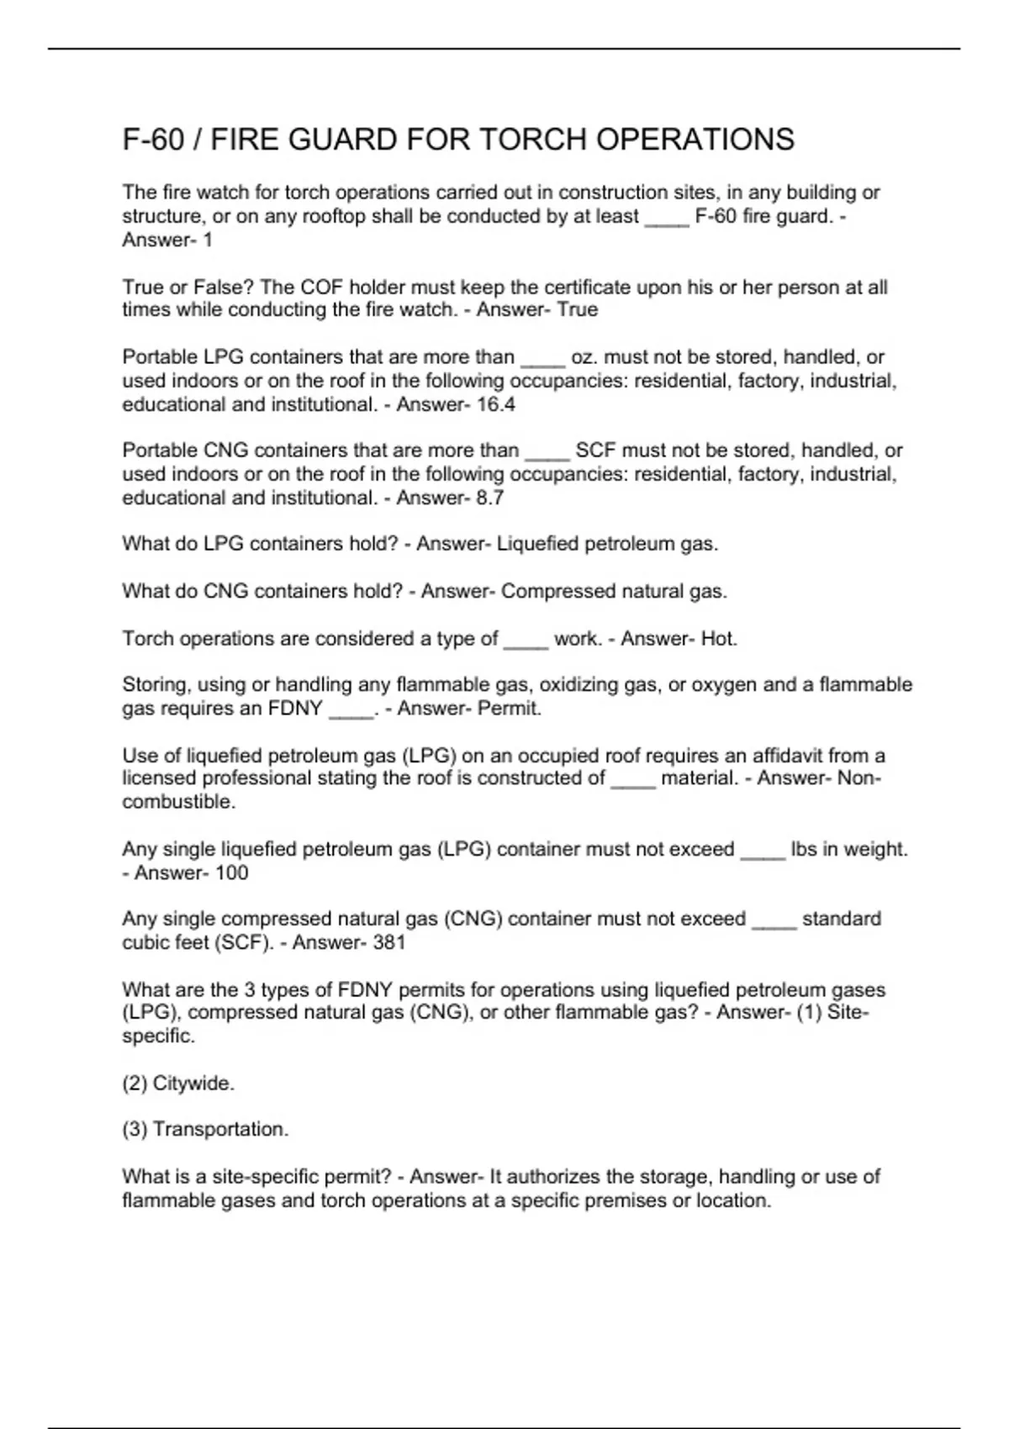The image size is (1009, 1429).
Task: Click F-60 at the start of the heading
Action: click(153, 140)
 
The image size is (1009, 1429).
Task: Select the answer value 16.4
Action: click(495, 404)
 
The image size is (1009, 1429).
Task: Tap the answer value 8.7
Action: click(489, 498)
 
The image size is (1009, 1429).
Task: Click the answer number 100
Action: click(231, 873)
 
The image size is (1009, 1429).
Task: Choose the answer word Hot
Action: click(719, 639)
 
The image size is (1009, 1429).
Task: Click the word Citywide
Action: click(193, 1084)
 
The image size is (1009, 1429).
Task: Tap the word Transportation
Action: click(220, 1130)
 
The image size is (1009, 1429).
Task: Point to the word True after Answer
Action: click(578, 310)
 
